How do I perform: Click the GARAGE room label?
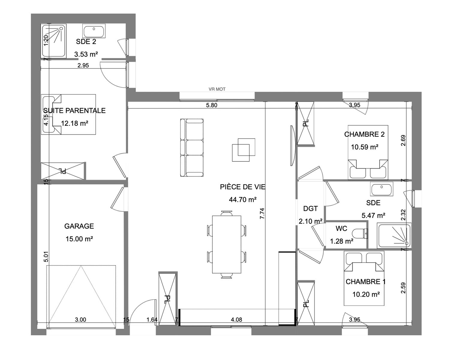coord(79,226)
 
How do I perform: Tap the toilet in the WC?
coord(360,233)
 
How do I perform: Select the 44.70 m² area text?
coord(243,199)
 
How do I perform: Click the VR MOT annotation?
coord(217,89)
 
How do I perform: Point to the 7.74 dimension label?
coord(262,213)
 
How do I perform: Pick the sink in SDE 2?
coord(94,31)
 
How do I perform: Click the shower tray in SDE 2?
coord(54,40)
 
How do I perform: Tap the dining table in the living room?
coord(227,244)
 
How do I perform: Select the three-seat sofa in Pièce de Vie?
coord(192,148)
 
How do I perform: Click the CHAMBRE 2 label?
coord(364,134)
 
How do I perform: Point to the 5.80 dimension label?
coord(211,105)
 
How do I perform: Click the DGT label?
coord(310,208)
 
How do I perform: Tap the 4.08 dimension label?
coord(236,319)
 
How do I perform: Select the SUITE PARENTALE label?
coord(74,110)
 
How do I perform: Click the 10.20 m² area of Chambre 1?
coord(366,295)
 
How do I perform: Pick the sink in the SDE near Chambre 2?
coord(382,189)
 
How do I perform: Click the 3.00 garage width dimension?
coord(80,319)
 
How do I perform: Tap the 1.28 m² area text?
coord(342,241)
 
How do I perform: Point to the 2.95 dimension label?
coord(83,65)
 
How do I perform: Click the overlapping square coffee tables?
coord(244,150)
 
